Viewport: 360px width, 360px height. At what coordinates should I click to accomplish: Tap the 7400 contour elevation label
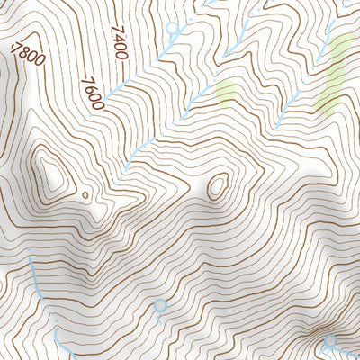point(119,44)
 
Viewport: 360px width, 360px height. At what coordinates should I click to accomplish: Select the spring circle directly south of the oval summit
point(160,306)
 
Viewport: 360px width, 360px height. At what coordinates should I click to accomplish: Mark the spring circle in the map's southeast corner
point(330,341)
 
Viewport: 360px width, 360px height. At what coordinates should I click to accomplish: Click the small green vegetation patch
point(226,92)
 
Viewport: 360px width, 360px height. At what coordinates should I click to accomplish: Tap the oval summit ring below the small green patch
point(217,187)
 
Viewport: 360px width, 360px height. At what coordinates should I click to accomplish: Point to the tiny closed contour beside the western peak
point(85,193)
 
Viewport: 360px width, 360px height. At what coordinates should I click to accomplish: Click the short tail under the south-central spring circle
point(160,318)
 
